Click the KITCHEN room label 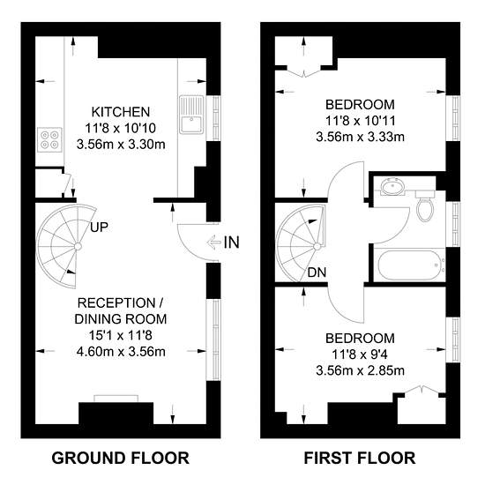click(x=121, y=112)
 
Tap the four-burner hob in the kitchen click(x=49, y=140)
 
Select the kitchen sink click(x=191, y=115)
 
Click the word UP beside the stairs click(x=99, y=228)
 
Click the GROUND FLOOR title click(x=120, y=458)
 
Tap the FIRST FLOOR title click(x=360, y=458)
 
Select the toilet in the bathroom click(x=425, y=205)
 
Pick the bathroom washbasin click(x=392, y=187)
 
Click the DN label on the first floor click(x=317, y=272)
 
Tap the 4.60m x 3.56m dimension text click(x=121, y=352)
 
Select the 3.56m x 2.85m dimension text click(x=361, y=370)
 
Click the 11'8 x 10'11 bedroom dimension click(x=361, y=121)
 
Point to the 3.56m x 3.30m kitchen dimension click(x=121, y=144)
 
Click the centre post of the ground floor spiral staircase click(x=78, y=246)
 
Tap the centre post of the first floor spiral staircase click(x=317, y=246)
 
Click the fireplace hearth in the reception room click(x=116, y=399)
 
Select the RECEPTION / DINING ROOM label click(x=121, y=311)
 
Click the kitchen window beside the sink click(x=217, y=118)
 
